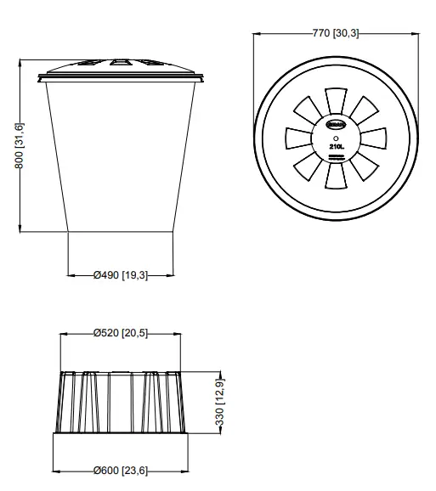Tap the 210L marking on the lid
click(x=336, y=145)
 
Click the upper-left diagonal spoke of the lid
click(x=309, y=110)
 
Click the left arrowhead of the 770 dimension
click(x=257, y=33)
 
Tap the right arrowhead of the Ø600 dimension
click(x=187, y=469)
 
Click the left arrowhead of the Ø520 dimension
click(x=62, y=333)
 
